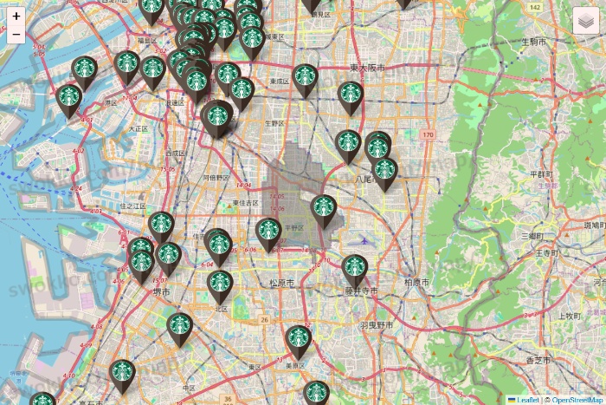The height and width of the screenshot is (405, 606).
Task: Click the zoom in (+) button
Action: coord(16,16)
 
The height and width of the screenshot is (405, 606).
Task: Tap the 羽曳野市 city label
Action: coord(377,325)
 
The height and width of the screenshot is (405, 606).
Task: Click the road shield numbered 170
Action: coord(428,135)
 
